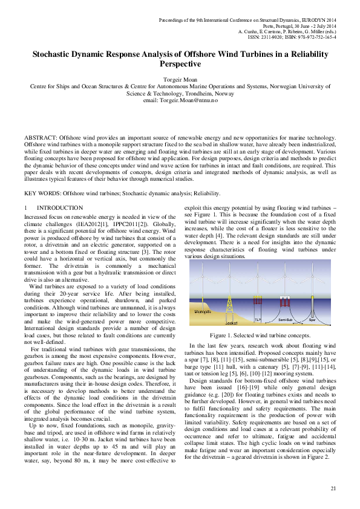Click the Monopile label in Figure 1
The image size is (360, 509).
click(203, 311)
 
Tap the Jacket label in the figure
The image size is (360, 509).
click(231, 323)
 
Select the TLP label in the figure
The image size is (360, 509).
click(258, 319)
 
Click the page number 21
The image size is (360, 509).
click(333, 488)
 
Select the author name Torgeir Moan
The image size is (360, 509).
click(180, 79)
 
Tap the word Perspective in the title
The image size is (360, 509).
click(180, 63)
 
